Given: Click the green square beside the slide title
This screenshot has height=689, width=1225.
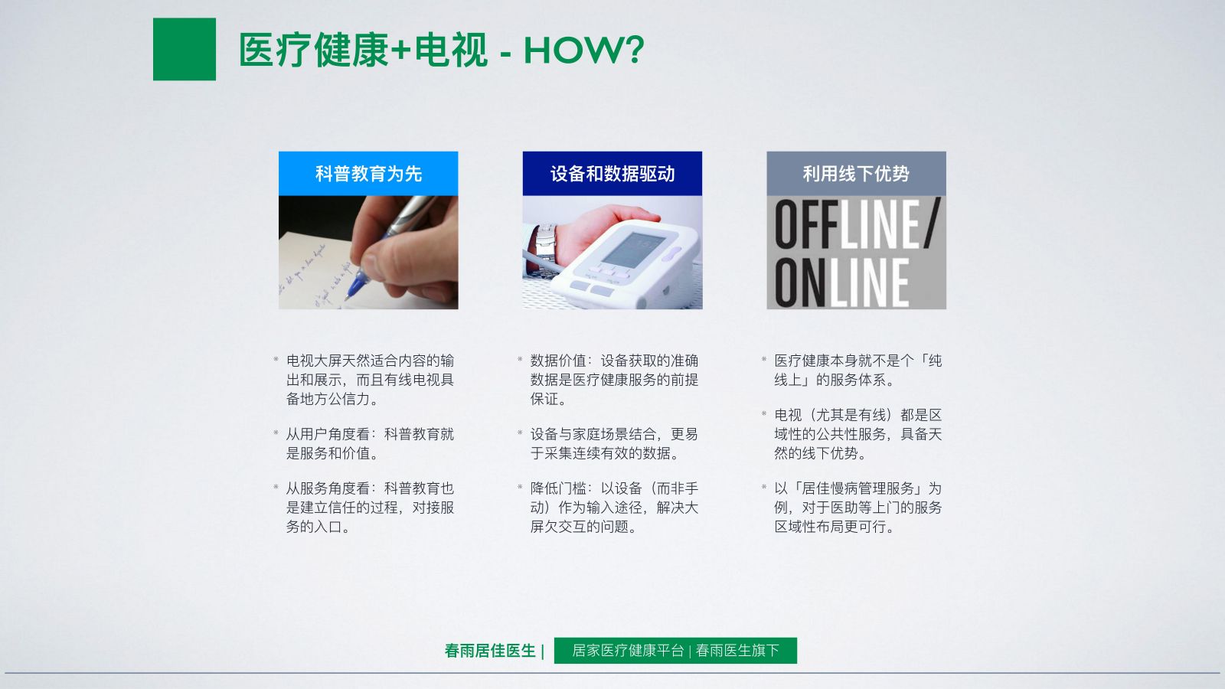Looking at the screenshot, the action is (x=185, y=49).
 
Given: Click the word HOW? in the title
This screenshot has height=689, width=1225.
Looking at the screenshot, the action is (x=584, y=51).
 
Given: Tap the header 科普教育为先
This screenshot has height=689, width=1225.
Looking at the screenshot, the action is (x=368, y=174).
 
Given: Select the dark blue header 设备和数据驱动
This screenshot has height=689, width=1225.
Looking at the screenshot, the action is (x=612, y=174).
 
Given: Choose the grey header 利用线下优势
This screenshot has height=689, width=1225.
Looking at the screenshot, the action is (x=857, y=174).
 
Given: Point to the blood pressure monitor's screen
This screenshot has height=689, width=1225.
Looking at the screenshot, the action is (x=633, y=250).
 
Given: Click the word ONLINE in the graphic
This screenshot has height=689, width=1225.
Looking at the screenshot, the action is (x=841, y=282).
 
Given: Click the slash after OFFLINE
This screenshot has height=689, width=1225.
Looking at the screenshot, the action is (x=933, y=224).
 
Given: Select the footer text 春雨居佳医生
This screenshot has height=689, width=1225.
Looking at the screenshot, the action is (x=490, y=651).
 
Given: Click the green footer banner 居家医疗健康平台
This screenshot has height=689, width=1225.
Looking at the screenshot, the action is (x=675, y=651).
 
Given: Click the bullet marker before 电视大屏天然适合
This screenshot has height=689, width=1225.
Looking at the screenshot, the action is (x=276, y=359).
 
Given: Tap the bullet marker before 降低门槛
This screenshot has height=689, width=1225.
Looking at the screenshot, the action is (x=520, y=487).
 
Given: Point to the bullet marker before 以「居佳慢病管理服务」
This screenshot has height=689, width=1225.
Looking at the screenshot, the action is (x=764, y=487).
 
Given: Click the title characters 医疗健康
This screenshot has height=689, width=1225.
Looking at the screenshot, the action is (x=314, y=51).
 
